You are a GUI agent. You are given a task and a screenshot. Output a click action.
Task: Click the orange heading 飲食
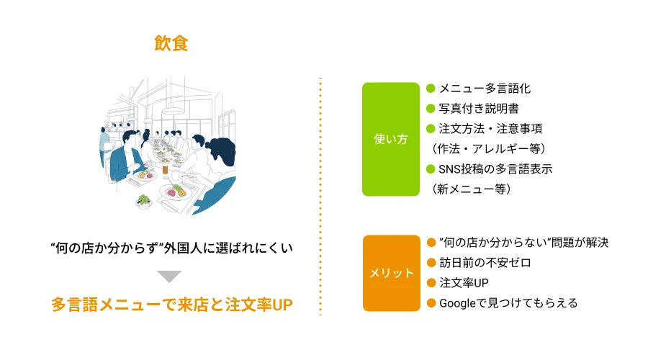coord(171,43)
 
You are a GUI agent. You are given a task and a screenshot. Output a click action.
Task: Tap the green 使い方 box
coord(390,139)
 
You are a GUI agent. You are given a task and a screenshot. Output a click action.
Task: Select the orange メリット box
coord(391,273)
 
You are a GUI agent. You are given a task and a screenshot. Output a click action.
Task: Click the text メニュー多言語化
coord(485,89)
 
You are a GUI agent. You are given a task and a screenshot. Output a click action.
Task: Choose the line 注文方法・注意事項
coord(490,129)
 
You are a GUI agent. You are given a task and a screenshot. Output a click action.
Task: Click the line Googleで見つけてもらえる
coord(508,303)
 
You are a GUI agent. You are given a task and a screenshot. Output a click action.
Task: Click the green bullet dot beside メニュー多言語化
coord(431,89)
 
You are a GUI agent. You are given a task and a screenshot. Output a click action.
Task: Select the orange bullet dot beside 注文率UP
coord(431,283)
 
